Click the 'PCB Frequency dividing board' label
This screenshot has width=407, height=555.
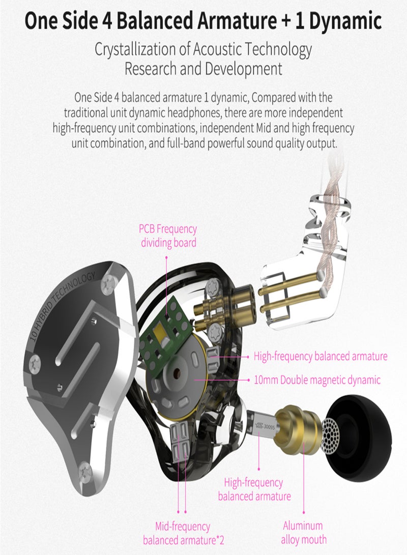pyautogui.click(x=168, y=236)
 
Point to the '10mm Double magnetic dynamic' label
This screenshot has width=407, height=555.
pyautogui.click(x=317, y=379)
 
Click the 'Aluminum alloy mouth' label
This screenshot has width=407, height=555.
pyautogui.click(x=303, y=533)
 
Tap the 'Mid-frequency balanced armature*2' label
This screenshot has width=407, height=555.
pyautogui.click(x=183, y=533)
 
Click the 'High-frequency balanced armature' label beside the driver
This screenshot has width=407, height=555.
pyautogui.click(x=321, y=356)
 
